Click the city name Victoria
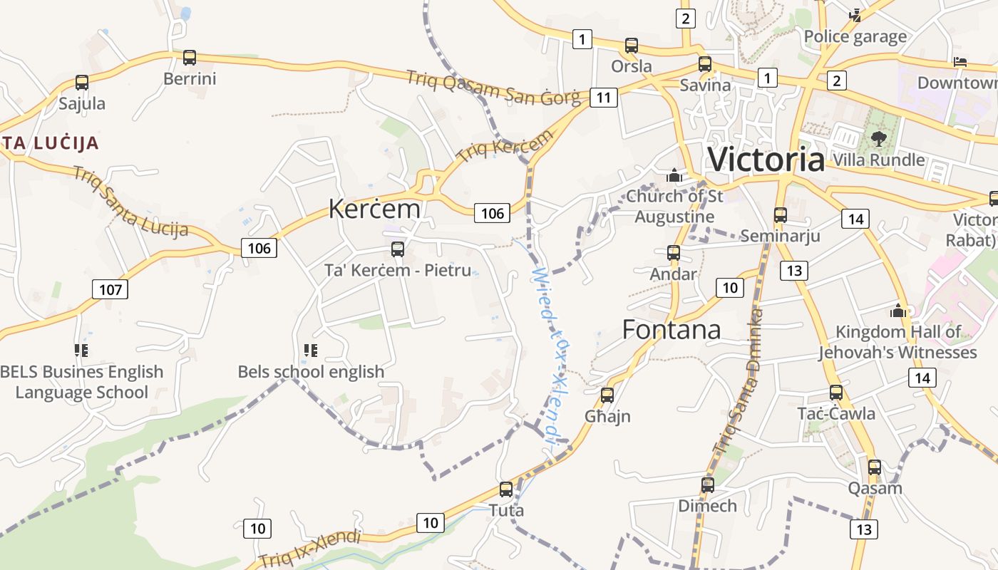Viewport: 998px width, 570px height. point(766,159)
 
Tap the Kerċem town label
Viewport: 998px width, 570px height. point(374,208)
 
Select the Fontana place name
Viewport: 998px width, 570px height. point(671,329)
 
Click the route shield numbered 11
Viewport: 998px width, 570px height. point(603,98)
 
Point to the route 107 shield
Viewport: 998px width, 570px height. point(110,289)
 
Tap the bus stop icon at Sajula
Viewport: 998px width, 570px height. point(82,83)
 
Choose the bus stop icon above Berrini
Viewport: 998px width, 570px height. point(189,58)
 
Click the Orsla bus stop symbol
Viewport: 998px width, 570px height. point(631,46)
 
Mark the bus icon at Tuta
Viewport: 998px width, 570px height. point(506,489)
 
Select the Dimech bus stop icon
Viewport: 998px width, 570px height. point(707,485)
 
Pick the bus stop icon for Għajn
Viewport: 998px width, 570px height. point(607,395)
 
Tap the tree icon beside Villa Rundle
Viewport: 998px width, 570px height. point(878,139)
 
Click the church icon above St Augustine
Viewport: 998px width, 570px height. point(674,175)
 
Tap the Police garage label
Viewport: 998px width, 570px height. point(855,36)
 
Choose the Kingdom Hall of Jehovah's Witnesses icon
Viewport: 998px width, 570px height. point(898,311)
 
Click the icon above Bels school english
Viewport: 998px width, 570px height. point(310,350)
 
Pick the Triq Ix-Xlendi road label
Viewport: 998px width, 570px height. point(310,550)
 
